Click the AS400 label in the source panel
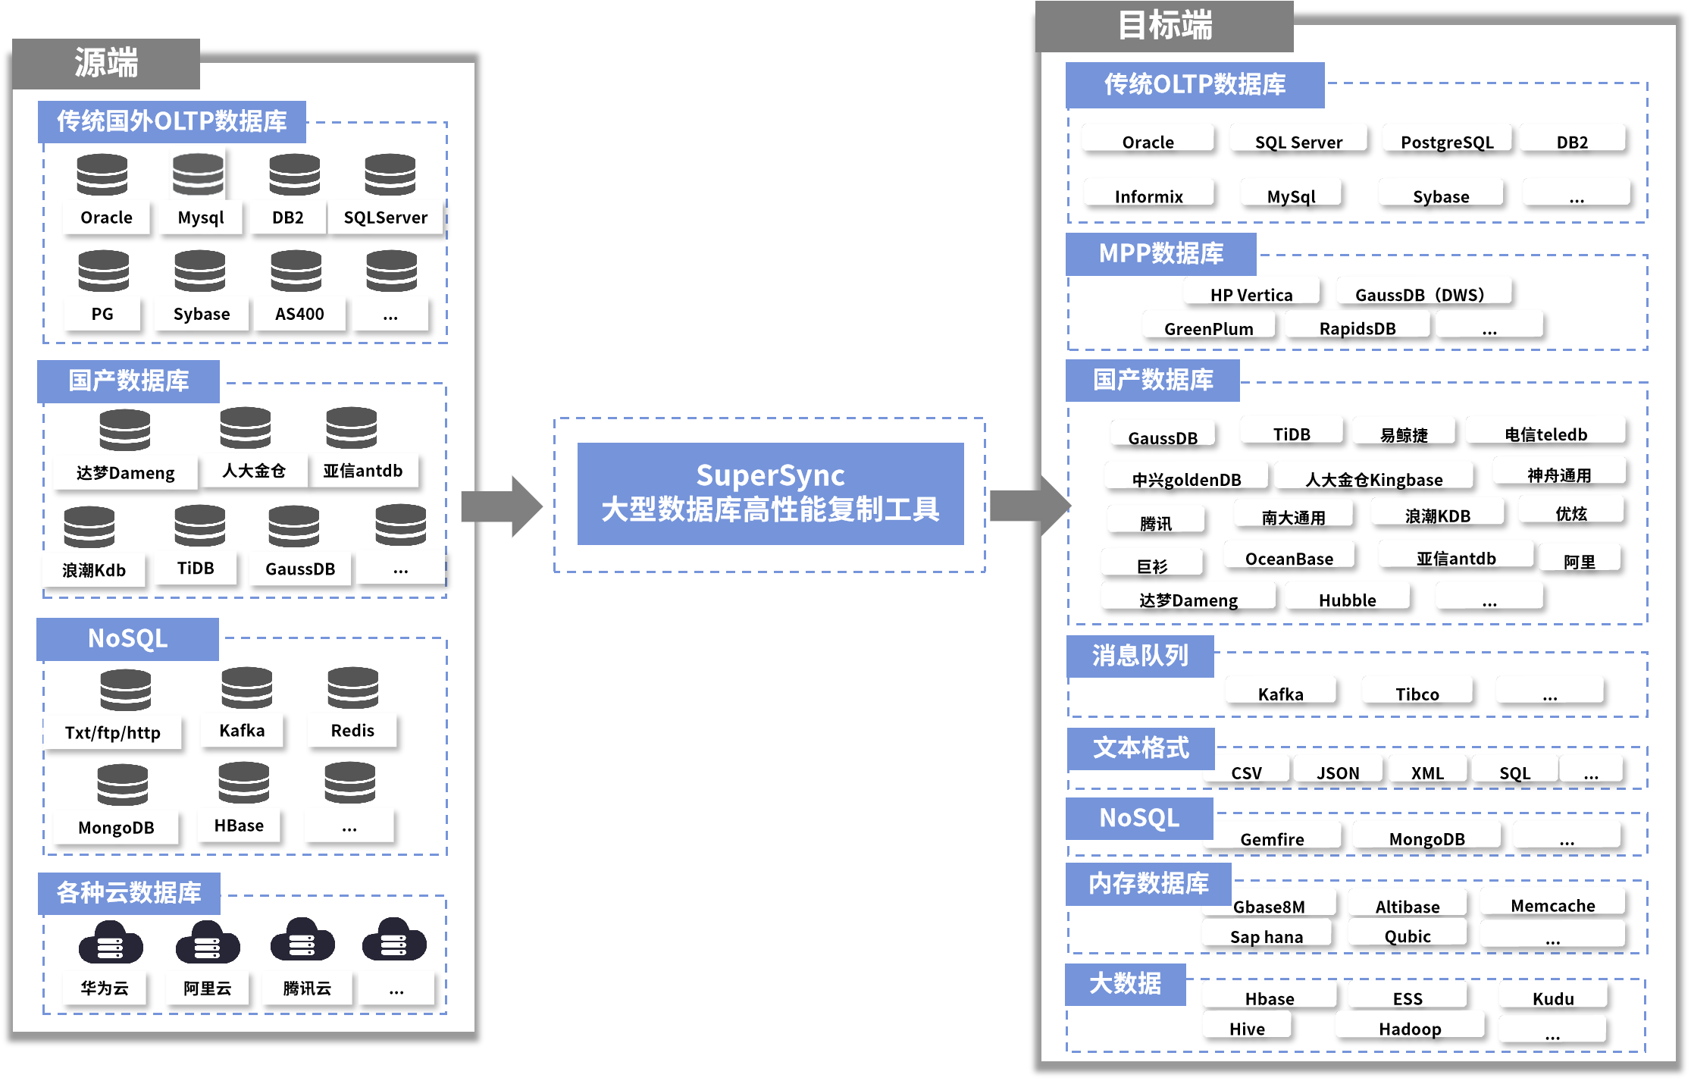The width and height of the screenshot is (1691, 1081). (x=299, y=314)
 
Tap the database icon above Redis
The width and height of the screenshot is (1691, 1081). (x=352, y=688)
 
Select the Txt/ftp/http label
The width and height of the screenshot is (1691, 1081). (x=113, y=733)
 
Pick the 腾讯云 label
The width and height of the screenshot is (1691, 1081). (x=307, y=988)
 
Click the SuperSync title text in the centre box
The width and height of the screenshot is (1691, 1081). (x=770, y=476)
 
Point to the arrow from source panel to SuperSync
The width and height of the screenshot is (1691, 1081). (x=502, y=506)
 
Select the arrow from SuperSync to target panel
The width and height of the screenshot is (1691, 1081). (x=1029, y=505)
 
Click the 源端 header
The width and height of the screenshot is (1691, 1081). (x=106, y=63)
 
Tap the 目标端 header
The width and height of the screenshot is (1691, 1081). (x=1164, y=26)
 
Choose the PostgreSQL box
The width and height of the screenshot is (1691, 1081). (x=1447, y=142)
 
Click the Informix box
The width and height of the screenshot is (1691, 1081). (x=1148, y=196)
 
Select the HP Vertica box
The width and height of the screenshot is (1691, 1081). (x=1251, y=294)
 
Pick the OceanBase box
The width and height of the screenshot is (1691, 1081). (x=1289, y=559)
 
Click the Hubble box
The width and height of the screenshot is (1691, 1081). (x=1347, y=600)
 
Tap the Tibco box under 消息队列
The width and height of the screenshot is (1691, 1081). (x=1417, y=694)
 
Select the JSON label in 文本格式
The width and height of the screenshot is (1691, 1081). (x=1338, y=772)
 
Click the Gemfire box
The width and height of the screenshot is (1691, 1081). (x=1272, y=839)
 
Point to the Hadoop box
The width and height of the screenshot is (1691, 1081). (x=1410, y=1029)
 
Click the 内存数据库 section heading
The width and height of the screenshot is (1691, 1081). (x=1148, y=884)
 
